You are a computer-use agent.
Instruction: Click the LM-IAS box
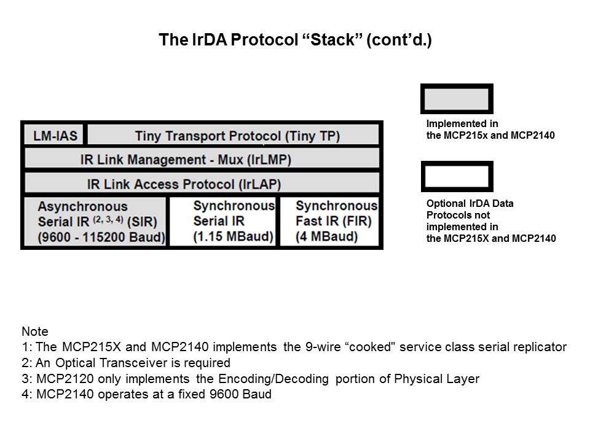(54, 135)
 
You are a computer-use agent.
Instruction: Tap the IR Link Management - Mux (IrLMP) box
(202, 160)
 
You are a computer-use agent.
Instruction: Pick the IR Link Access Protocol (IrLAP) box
(202, 184)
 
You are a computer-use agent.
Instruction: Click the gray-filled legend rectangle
(456, 99)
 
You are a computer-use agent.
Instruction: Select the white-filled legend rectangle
(456, 177)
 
